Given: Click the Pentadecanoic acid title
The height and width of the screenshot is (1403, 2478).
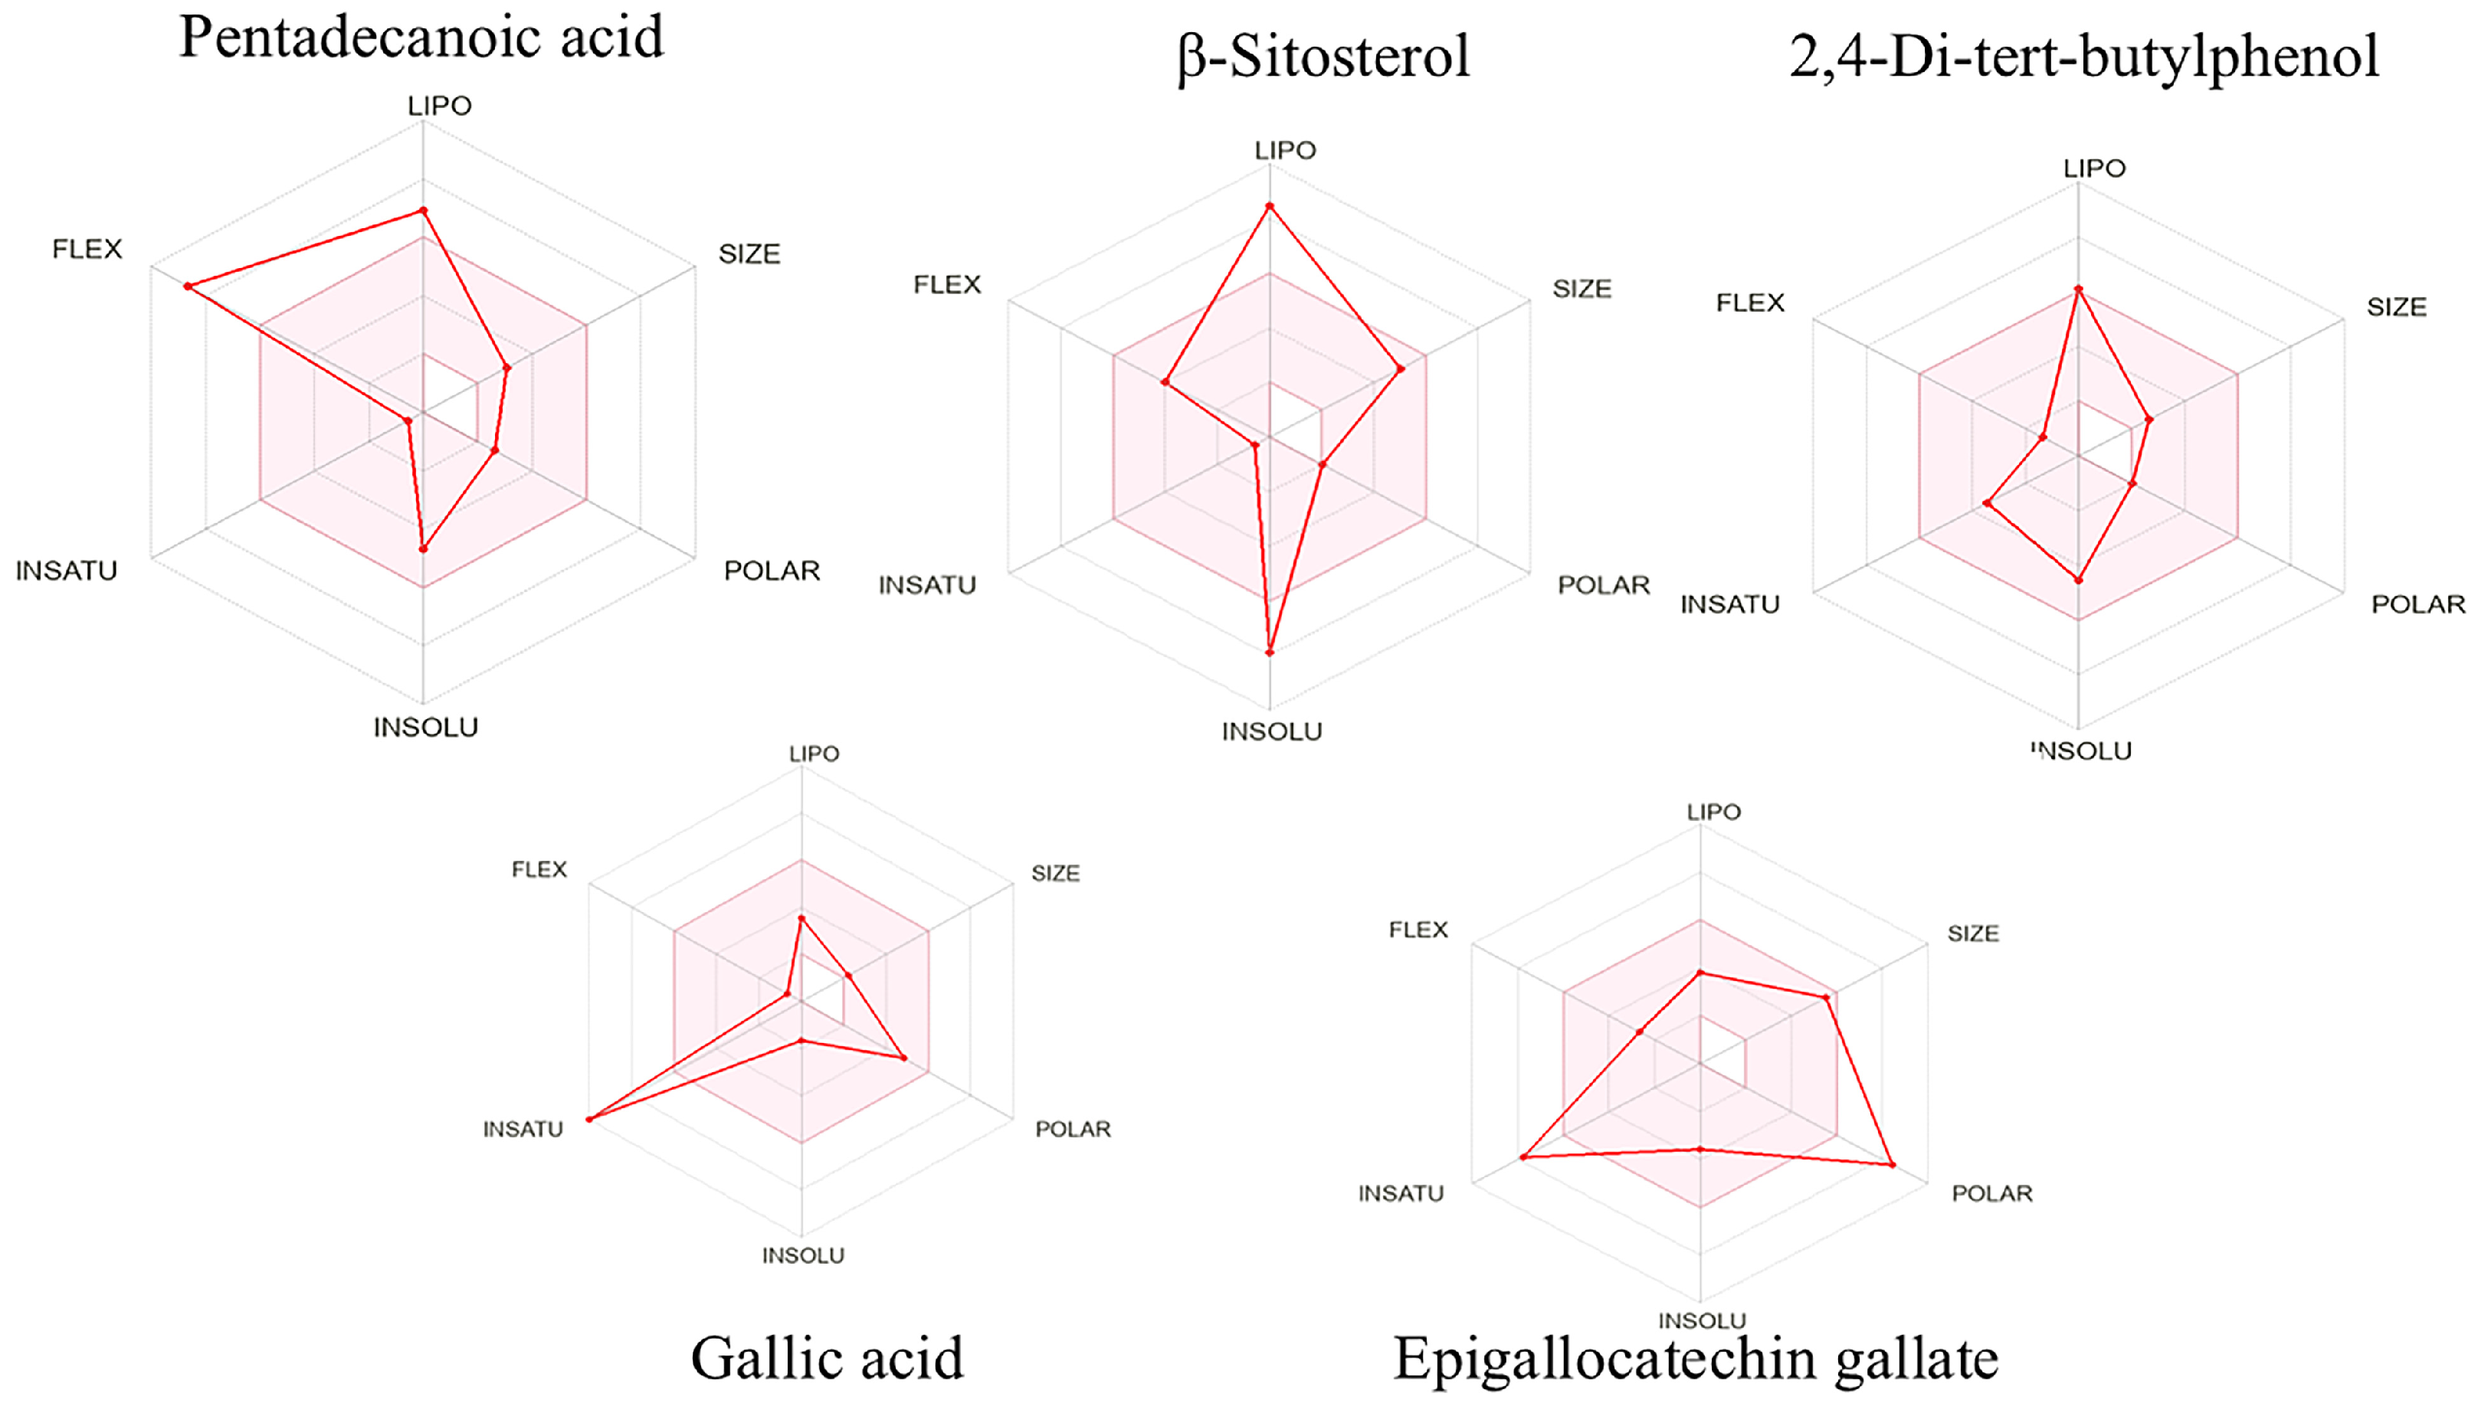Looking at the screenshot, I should (421, 38).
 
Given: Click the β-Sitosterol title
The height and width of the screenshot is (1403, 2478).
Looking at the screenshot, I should (1323, 57).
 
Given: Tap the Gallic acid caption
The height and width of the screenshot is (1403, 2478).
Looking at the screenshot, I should (827, 1359).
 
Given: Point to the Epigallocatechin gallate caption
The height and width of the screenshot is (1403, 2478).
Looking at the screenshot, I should (1696, 1359).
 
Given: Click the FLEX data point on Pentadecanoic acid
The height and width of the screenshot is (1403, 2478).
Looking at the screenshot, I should (189, 286).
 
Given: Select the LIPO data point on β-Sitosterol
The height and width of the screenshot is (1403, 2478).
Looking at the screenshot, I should (1270, 206).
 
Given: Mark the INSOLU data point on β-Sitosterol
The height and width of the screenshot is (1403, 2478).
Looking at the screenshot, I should (1270, 652).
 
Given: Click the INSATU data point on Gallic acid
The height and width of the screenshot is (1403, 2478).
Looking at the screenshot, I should (590, 1119).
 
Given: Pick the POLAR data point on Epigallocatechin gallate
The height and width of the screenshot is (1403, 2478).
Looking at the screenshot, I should (1892, 1165).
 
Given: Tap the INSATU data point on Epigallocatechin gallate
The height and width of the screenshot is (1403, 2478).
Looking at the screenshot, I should (1523, 1156).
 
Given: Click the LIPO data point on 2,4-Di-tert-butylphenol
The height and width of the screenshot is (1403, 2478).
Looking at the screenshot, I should (2078, 289).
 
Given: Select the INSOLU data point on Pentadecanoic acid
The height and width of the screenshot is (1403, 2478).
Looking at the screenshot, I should (422, 549).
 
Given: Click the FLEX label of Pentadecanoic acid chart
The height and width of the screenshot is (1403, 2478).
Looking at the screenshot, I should (87, 250).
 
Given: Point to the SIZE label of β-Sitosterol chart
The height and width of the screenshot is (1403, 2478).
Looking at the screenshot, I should (1581, 289).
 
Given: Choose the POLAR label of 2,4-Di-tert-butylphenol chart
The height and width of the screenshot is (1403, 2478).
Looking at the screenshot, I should (2417, 605).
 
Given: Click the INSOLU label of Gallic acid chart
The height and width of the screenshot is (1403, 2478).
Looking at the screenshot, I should (803, 1255).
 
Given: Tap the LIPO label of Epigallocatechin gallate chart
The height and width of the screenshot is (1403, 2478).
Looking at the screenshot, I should (1713, 813).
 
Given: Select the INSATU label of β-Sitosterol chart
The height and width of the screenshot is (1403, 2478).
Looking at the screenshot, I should (927, 586).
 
